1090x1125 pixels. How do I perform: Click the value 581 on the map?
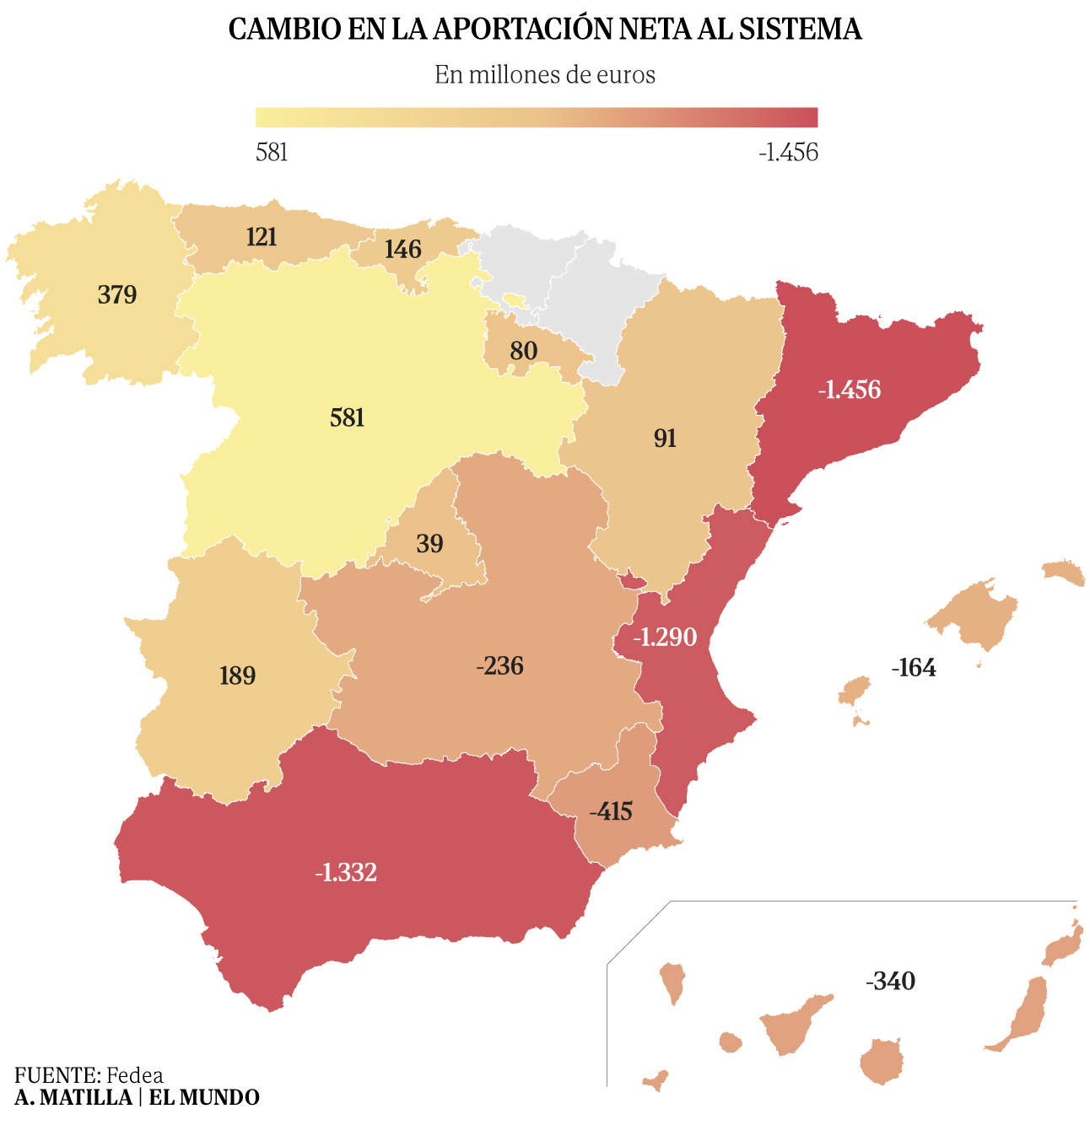pyautogui.click(x=347, y=417)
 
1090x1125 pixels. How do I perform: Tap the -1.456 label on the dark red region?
pyautogui.click(x=849, y=390)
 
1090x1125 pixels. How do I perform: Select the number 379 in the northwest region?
pyautogui.click(x=117, y=295)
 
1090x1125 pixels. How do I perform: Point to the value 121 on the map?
pyautogui.click(x=262, y=237)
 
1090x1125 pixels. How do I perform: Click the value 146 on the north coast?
pyautogui.click(x=402, y=250)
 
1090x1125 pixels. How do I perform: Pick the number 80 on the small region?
pyautogui.click(x=523, y=351)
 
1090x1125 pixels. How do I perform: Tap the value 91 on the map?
pyautogui.click(x=665, y=439)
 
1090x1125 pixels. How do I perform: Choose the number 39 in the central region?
pyautogui.click(x=429, y=544)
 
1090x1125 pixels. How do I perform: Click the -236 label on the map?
pyautogui.click(x=500, y=666)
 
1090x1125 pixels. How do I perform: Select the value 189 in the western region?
pyautogui.click(x=237, y=676)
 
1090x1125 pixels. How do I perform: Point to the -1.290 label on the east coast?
pyautogui.click(x=666, y=637)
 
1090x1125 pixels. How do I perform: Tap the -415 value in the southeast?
pyautogui.click(x=611, y=811)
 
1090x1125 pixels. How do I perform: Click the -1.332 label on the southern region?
pyautogui.click(x=346, y=872)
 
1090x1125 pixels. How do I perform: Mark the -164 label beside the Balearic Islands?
pyautogui.click(x=914, y=668)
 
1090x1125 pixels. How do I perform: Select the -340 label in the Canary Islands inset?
pyautogui.click(x=890, y=982)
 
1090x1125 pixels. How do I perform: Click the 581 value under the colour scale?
pyautogui.click(x=272, y=153)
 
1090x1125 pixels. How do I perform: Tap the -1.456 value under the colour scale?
pyautogui.click(x=788, y=153)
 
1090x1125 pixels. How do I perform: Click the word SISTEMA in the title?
pyautogui.click(x=800, y=30)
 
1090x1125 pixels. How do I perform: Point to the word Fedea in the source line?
pyautogui.click(x=135, y=1075)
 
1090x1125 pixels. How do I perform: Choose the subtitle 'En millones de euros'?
pyautogui.click(x=545, y=75)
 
